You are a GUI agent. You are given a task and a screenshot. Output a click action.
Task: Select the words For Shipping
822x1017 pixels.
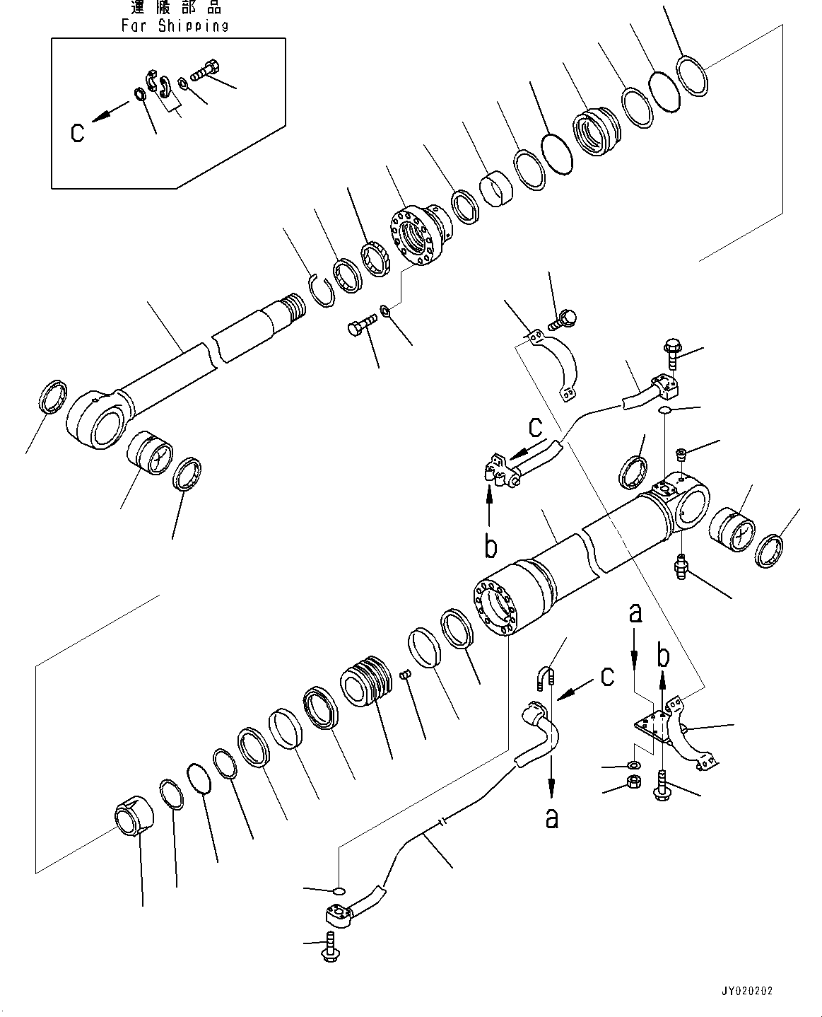click(x=175, y=25)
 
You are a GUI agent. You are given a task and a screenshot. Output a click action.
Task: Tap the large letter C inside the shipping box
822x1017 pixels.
click(x=78, y=132)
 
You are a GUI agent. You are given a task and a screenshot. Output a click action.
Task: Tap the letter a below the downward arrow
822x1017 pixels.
click(x=551, y=818)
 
